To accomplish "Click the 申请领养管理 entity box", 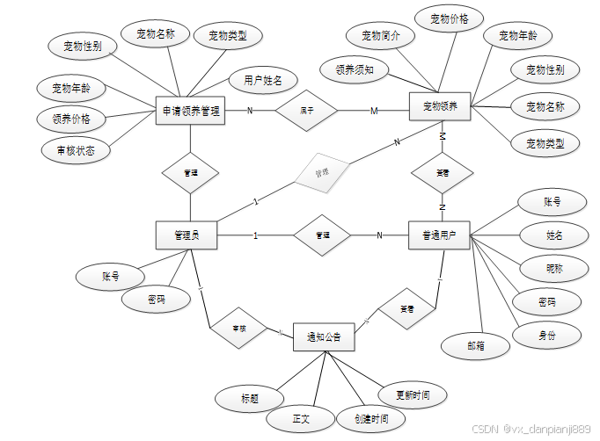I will [x=190, y=111].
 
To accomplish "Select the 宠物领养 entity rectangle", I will [x=440, y=107].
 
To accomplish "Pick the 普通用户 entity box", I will [x=439, y=235].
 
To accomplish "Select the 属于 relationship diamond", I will [x=307, y=111].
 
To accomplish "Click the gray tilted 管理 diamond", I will [x=322, y=173].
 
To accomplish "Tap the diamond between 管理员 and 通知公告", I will [x=238, y=328].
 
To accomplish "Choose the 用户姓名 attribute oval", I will [x=262, y=81].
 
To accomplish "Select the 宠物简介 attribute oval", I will [x=380, y=36].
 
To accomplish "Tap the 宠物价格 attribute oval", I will [x=449, y=18].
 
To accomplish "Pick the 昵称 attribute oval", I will [x=552, y=268].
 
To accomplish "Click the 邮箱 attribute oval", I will [x=476, y=345].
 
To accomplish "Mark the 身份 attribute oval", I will [x=546, y=334].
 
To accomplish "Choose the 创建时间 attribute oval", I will [x=371, y=419].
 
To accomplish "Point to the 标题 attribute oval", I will [x=249, y=398].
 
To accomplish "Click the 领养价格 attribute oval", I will [x=71, y=118].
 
